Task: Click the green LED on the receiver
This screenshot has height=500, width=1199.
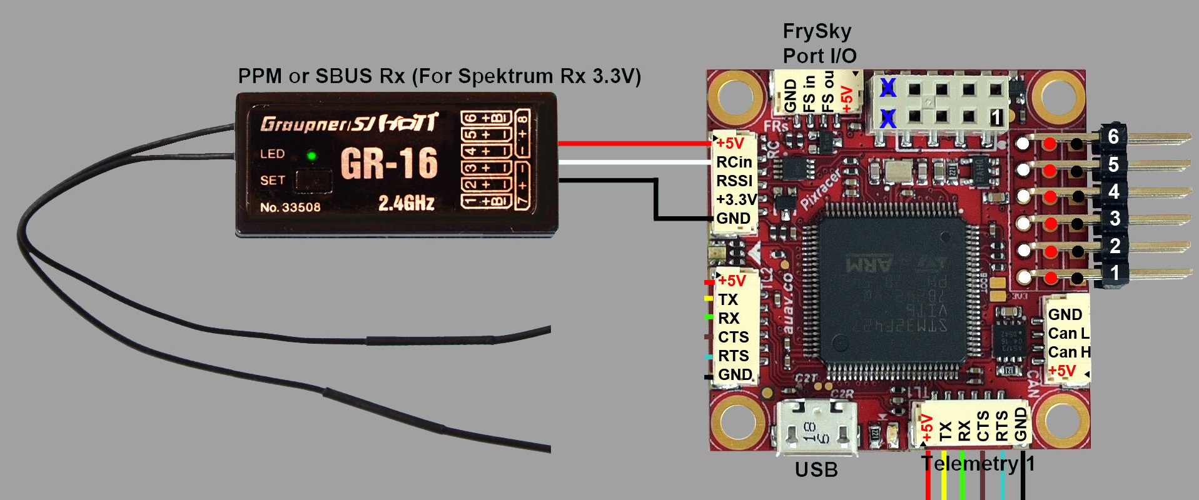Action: point(311,156)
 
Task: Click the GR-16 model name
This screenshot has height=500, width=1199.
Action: point(388,163)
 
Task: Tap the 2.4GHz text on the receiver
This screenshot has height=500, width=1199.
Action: point(406,202)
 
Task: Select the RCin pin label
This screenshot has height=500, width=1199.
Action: point(734,162)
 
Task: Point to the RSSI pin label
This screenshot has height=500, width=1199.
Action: point(734,181)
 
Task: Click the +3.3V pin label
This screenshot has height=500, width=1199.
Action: point(736,200)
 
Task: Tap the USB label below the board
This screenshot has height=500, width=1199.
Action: point(816,470)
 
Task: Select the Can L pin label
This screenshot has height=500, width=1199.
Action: point(1068,334)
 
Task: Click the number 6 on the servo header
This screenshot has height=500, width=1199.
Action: point(1113,136)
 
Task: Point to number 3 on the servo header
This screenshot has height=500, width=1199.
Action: point(1115,219)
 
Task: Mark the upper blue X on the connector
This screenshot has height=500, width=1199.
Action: point(888,88)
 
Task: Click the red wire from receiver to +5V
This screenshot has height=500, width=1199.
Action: point(632,143)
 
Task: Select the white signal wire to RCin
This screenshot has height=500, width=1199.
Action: point(632,162)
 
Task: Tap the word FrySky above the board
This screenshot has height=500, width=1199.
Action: point(817,31)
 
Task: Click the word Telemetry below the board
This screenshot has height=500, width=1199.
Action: point(969,464)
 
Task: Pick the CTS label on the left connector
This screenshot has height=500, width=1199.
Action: point(733,337)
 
